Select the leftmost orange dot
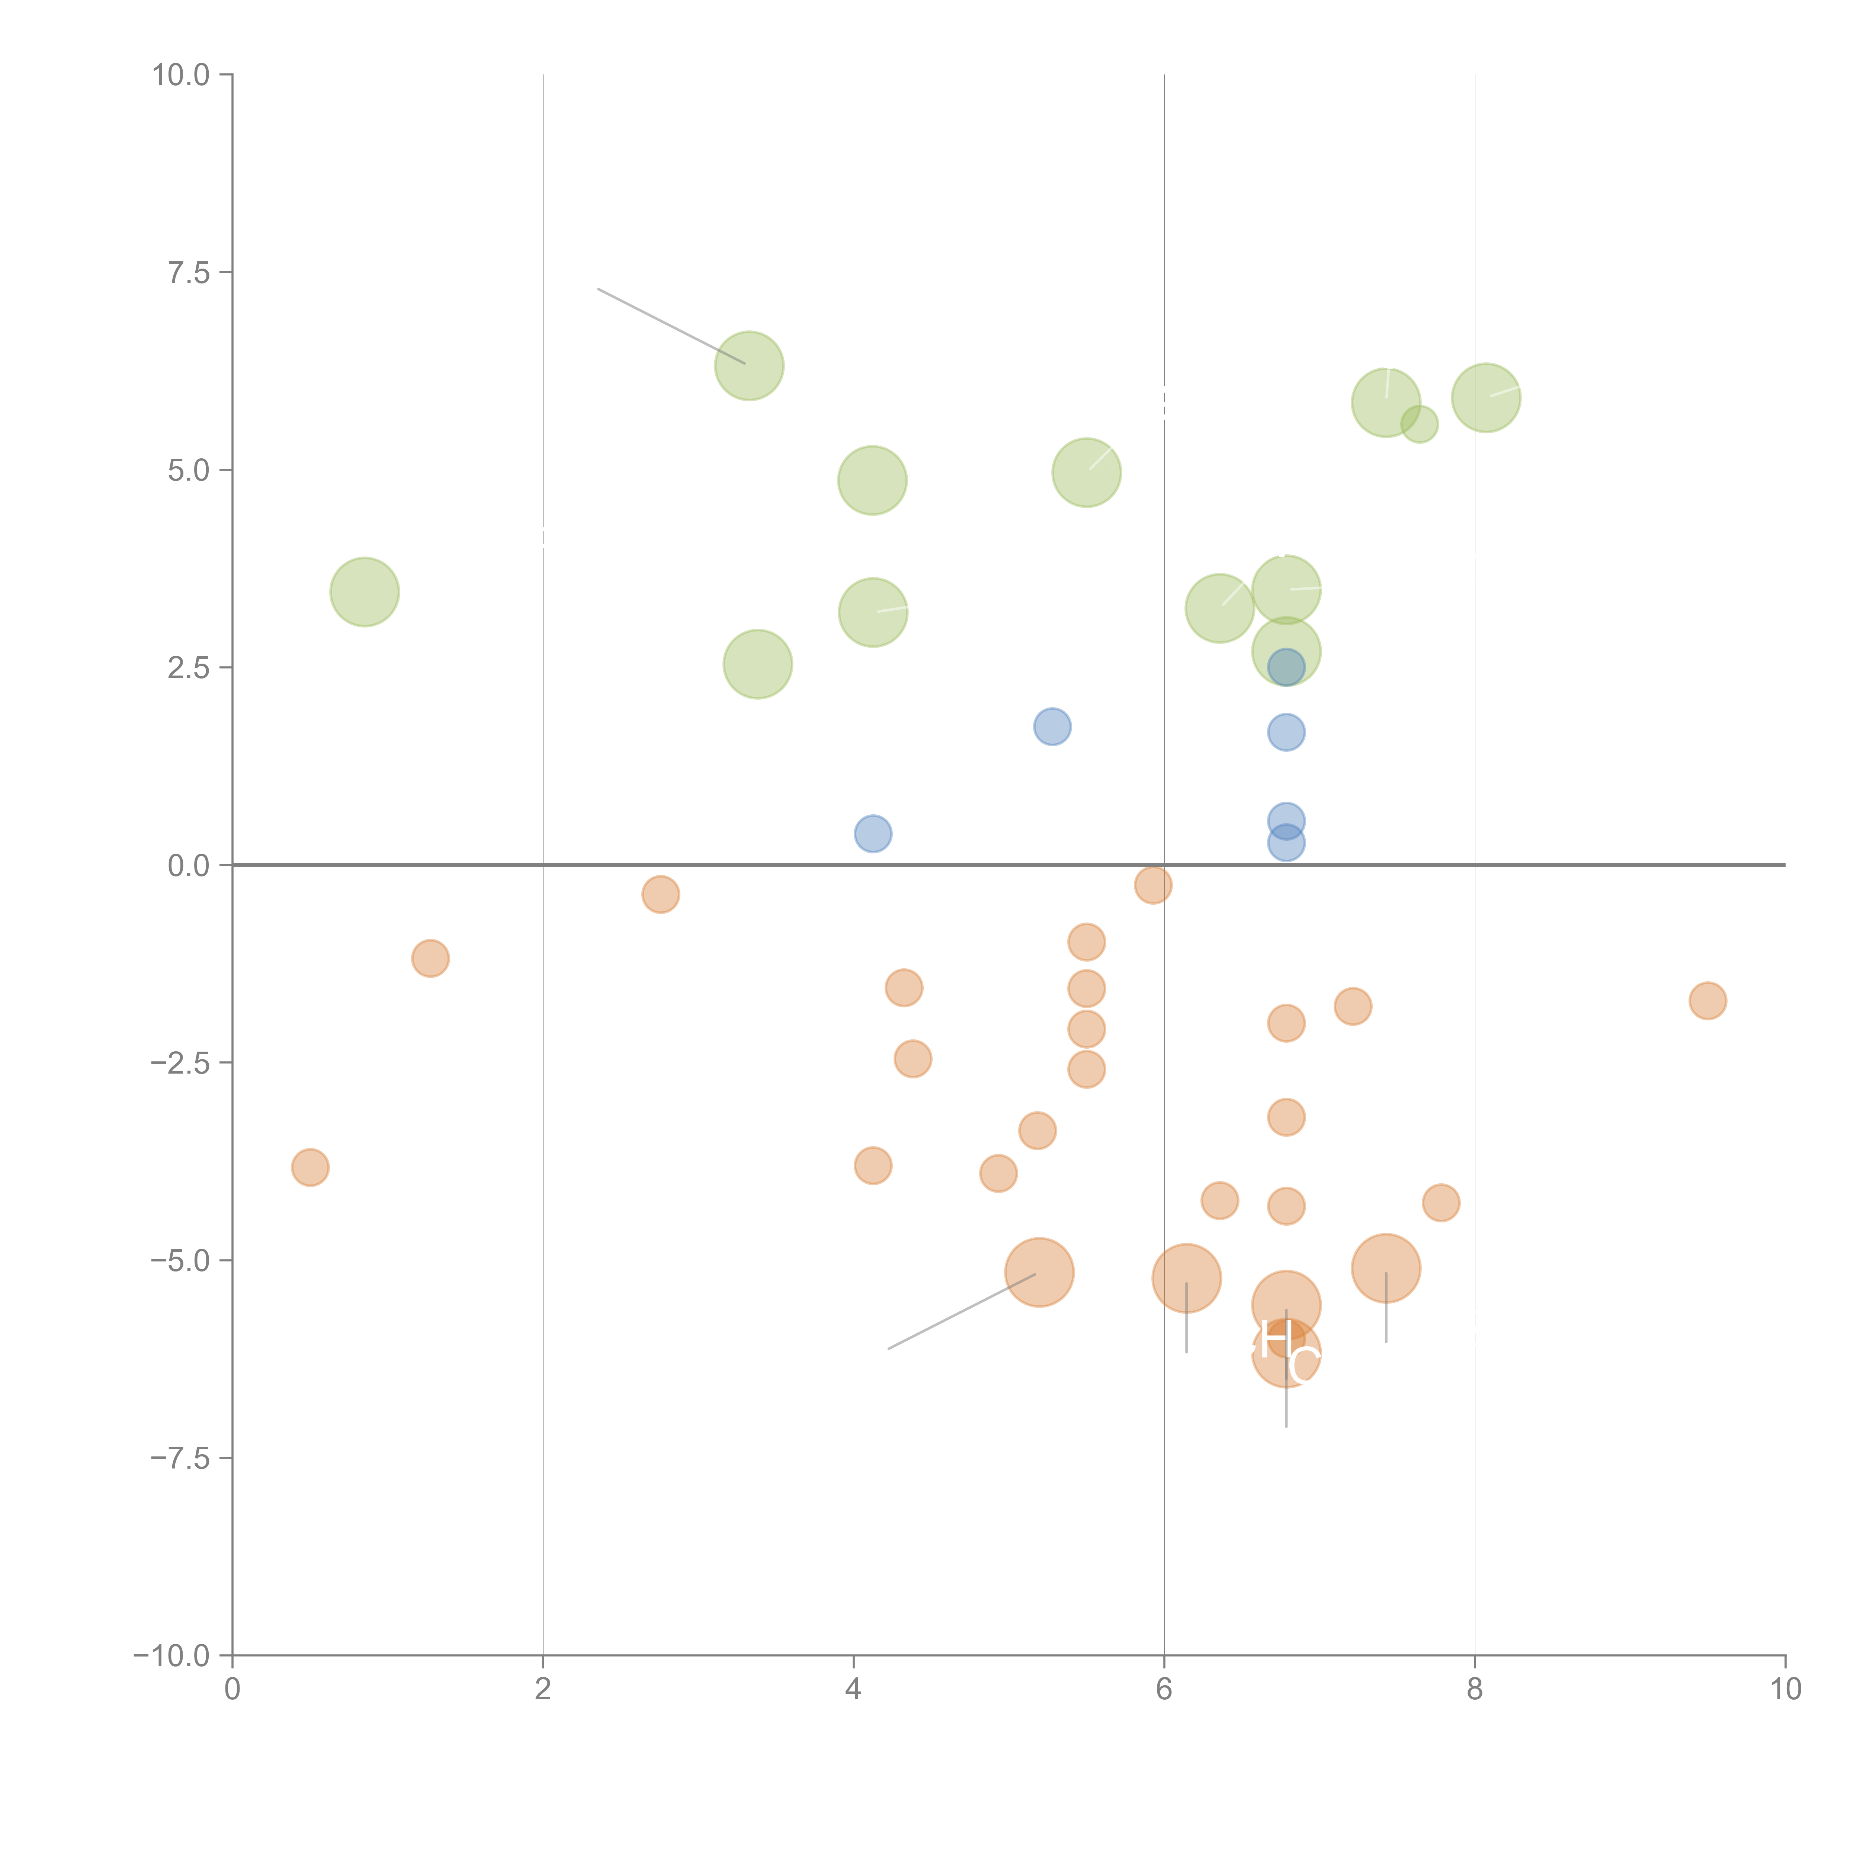[x=310, y=1168]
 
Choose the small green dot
[x=1419, y=424]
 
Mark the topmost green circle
[x=749, y=366]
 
